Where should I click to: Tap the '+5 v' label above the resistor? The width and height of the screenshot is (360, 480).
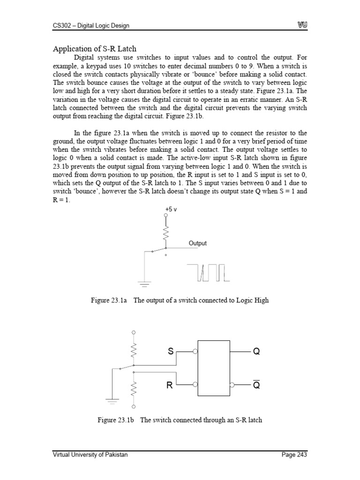[171, 210]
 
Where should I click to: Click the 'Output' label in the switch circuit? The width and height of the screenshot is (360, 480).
[197, 243]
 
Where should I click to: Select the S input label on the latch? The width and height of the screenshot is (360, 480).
[171, 351]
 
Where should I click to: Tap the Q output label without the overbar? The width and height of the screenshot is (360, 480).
[256, 351]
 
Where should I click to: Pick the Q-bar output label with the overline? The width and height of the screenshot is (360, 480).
[256, 385]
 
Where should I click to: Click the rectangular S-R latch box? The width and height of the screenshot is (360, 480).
[214, 368]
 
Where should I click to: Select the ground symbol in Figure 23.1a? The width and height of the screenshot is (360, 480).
[145, 283]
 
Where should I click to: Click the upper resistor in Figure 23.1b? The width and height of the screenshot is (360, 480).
[134, 350]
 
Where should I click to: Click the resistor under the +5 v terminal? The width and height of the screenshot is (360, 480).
[165, 232]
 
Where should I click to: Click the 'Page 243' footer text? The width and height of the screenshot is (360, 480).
[294, 455]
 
